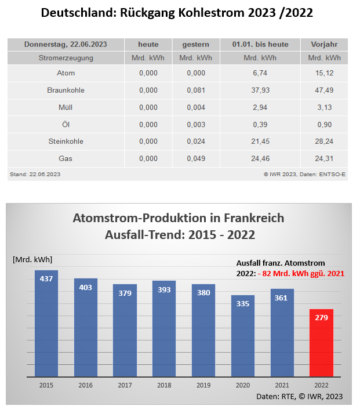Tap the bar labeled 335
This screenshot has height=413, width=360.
click(x=242, y=336)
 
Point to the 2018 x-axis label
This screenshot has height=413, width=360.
click(x=164, y=385)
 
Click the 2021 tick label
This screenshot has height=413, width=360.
click(x=282, y=385)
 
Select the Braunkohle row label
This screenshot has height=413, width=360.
click(x=66, y=90)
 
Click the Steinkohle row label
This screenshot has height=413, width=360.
click(x=66, y=141)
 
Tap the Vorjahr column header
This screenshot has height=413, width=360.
click(x=323, y=45)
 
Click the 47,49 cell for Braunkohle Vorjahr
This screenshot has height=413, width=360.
click(x=323, y=90)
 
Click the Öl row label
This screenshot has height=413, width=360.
click(x=66, y=124)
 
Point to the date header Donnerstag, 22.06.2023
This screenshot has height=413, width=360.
click(x=66, y=45)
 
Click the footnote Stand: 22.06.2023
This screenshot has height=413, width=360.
click(x=35, y=173)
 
